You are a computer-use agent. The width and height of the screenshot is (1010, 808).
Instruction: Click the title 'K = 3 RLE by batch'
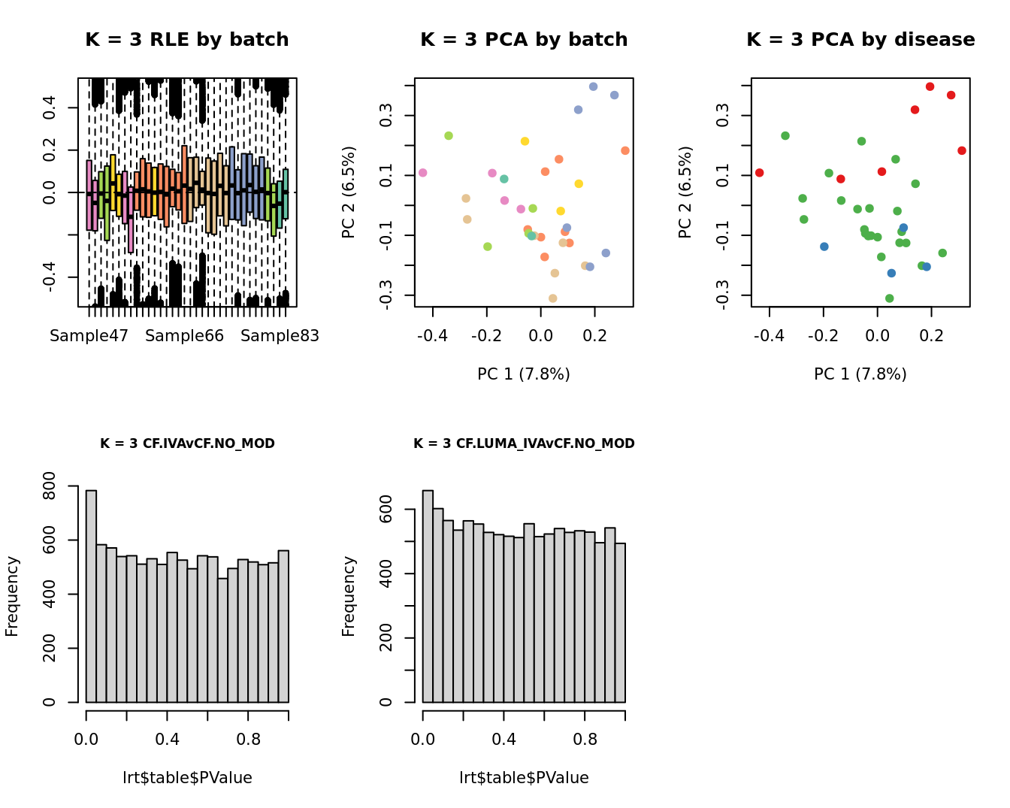click(x=186, y=40)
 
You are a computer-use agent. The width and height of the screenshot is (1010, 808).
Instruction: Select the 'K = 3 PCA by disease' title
click(x=860, y=40)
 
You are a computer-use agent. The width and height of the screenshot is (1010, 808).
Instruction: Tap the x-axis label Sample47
click(x=89, y=336)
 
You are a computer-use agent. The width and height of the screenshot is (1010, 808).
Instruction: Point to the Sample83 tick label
click(x=280, y=336)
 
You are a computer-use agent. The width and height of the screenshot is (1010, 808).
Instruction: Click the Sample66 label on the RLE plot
click(x=184, y=336)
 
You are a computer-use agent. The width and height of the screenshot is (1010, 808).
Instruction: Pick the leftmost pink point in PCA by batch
click(x=423, y=173)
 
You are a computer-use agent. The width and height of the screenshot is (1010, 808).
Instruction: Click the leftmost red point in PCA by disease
click(x=760, y=173)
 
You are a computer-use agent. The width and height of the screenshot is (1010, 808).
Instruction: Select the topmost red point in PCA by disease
click(x=930, y=86)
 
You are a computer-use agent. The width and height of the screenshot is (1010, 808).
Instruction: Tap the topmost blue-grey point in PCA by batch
click(x=594, y=86)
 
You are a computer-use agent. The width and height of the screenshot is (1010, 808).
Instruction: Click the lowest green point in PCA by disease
click(x=890, y=298)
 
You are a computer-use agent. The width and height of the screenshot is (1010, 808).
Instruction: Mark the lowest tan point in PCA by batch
click(x=553, y=298)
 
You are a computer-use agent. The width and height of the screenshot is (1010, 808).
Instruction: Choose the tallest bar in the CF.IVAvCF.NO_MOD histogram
click(x=91, y=596)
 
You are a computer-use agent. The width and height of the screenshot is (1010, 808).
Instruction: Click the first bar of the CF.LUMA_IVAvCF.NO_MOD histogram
click(x=428, y=596)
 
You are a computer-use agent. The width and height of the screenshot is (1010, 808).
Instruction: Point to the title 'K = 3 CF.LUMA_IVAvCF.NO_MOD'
click(x=524, y=443)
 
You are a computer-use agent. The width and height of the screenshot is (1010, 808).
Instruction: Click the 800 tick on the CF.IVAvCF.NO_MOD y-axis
click(x=50, y=486)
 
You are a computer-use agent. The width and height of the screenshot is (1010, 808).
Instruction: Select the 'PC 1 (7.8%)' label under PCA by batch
click(x=524, y=374)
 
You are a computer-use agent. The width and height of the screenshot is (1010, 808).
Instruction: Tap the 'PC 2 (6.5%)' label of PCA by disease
click(x=685, y=192)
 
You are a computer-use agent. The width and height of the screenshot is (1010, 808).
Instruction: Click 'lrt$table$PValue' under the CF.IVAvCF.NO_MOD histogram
click(x=187, y=778)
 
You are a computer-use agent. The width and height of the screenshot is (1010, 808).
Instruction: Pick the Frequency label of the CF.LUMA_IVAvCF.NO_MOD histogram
click(x=349, y=596)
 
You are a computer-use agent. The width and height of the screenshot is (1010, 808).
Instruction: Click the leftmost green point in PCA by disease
click(x=785, y=136)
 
